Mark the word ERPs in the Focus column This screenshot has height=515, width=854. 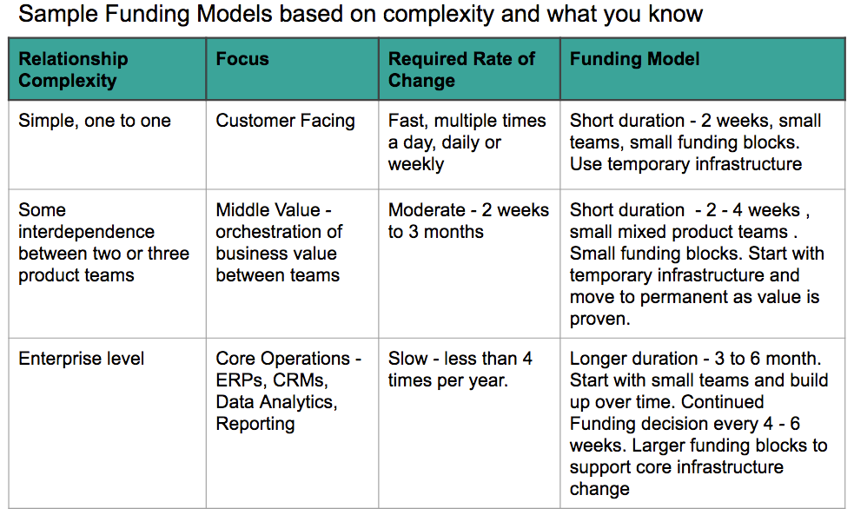pyautogui.click(x=242, y=380)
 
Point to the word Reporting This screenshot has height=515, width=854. pyautogui.click(x=255, y=424)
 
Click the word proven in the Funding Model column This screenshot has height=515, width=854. pyautogui.click(x=599, y=320)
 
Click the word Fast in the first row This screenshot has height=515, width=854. pyautogui.click(x=408, y=121)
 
